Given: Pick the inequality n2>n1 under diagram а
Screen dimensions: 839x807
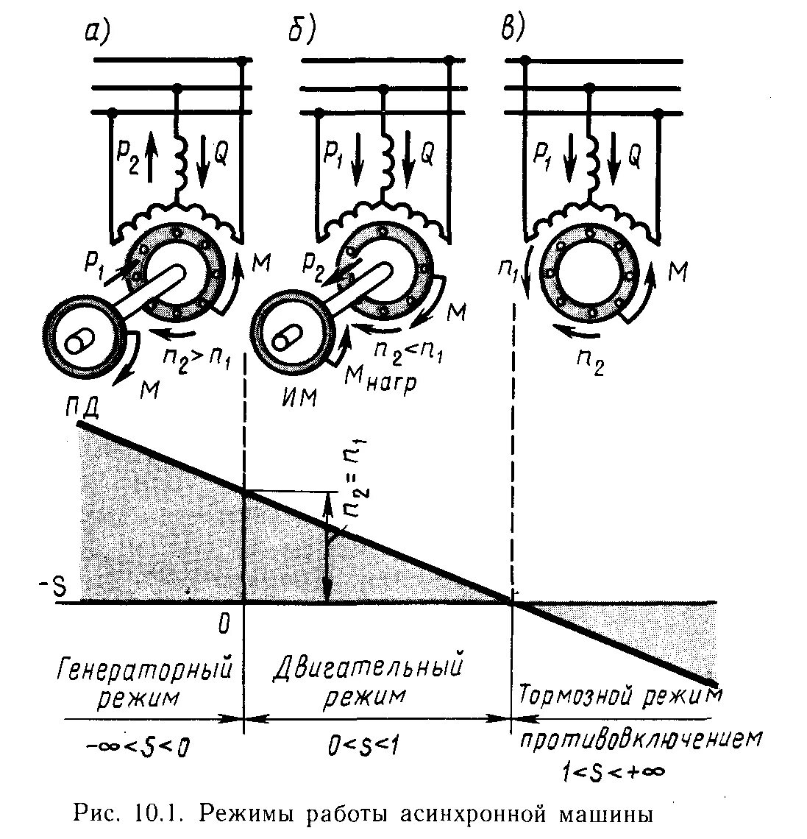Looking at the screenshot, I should tap(196, 361).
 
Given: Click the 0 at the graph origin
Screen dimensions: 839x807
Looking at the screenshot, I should tap(224, 624).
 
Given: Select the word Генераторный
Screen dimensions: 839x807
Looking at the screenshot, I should tap(144, 669).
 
